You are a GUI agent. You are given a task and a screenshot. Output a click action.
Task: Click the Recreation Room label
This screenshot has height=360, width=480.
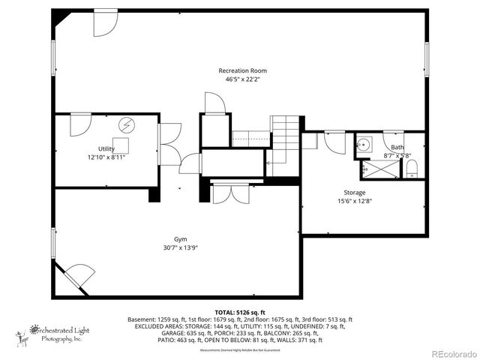point(242,70)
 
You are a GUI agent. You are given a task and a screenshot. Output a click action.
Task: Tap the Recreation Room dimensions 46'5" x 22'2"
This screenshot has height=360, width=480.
point(242,79)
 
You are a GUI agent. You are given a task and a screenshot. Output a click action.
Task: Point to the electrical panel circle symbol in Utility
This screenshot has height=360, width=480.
point(126,124)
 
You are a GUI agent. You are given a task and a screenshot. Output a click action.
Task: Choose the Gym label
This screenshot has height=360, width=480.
point(180,239)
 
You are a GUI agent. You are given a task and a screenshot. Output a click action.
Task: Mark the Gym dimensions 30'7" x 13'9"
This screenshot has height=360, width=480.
point(180,248)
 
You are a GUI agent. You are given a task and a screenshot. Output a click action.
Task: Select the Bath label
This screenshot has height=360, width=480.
point(397,147)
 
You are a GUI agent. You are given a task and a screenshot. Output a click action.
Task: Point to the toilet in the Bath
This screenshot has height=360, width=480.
point(412,169)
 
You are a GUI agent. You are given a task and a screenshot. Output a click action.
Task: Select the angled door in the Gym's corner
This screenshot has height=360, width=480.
point(74,277)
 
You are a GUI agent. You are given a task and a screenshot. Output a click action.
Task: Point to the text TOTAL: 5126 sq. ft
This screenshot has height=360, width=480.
point(240,311)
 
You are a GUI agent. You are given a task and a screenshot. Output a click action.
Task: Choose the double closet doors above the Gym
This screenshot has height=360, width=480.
point(230,193)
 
